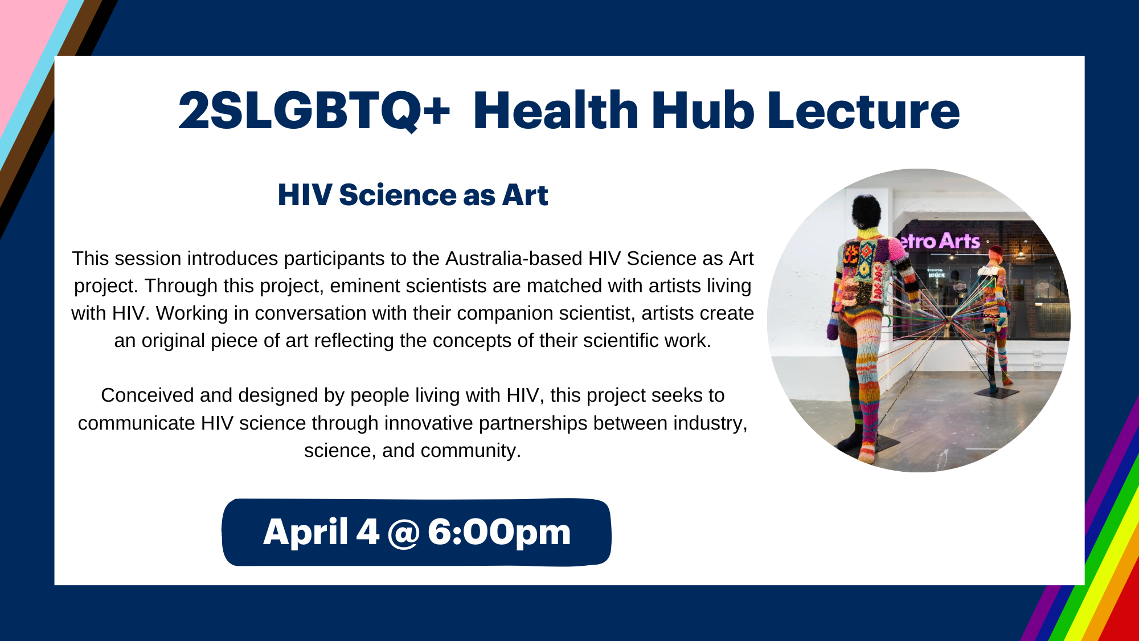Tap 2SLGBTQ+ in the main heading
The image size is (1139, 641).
coord(314,111)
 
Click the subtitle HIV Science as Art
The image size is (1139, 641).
coord(413,195)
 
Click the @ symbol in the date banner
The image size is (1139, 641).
coord(403,533)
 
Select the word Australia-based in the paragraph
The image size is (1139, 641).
coord(514,258)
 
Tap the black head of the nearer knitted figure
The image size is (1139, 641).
coord(867,211)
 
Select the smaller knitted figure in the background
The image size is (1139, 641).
coord(994,319)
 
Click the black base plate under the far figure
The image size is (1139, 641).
coord(998,393)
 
